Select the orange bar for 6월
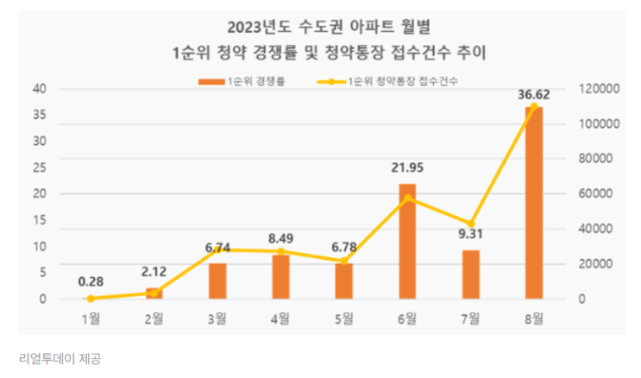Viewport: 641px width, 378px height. [x=407, y=242]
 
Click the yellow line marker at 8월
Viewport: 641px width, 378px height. [x=533, y=106]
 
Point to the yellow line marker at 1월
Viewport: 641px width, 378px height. [x=91, y=299]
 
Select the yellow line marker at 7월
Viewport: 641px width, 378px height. [x=470, y=224]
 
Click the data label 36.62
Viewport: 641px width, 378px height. [x=533, y=92]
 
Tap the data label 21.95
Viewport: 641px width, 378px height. [x=407, y=169]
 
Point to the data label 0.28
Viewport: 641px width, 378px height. [x=91, y=281]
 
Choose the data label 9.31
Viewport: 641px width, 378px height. [x=470, y=236]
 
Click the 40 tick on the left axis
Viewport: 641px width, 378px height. [x=40, y=89]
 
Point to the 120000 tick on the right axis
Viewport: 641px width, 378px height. [x=597, y=89]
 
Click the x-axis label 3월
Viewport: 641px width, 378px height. [x=217, y=318]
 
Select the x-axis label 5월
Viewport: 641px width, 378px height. [x=343, y=318]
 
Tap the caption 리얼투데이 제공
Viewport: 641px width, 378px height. [x=59, y=357]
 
